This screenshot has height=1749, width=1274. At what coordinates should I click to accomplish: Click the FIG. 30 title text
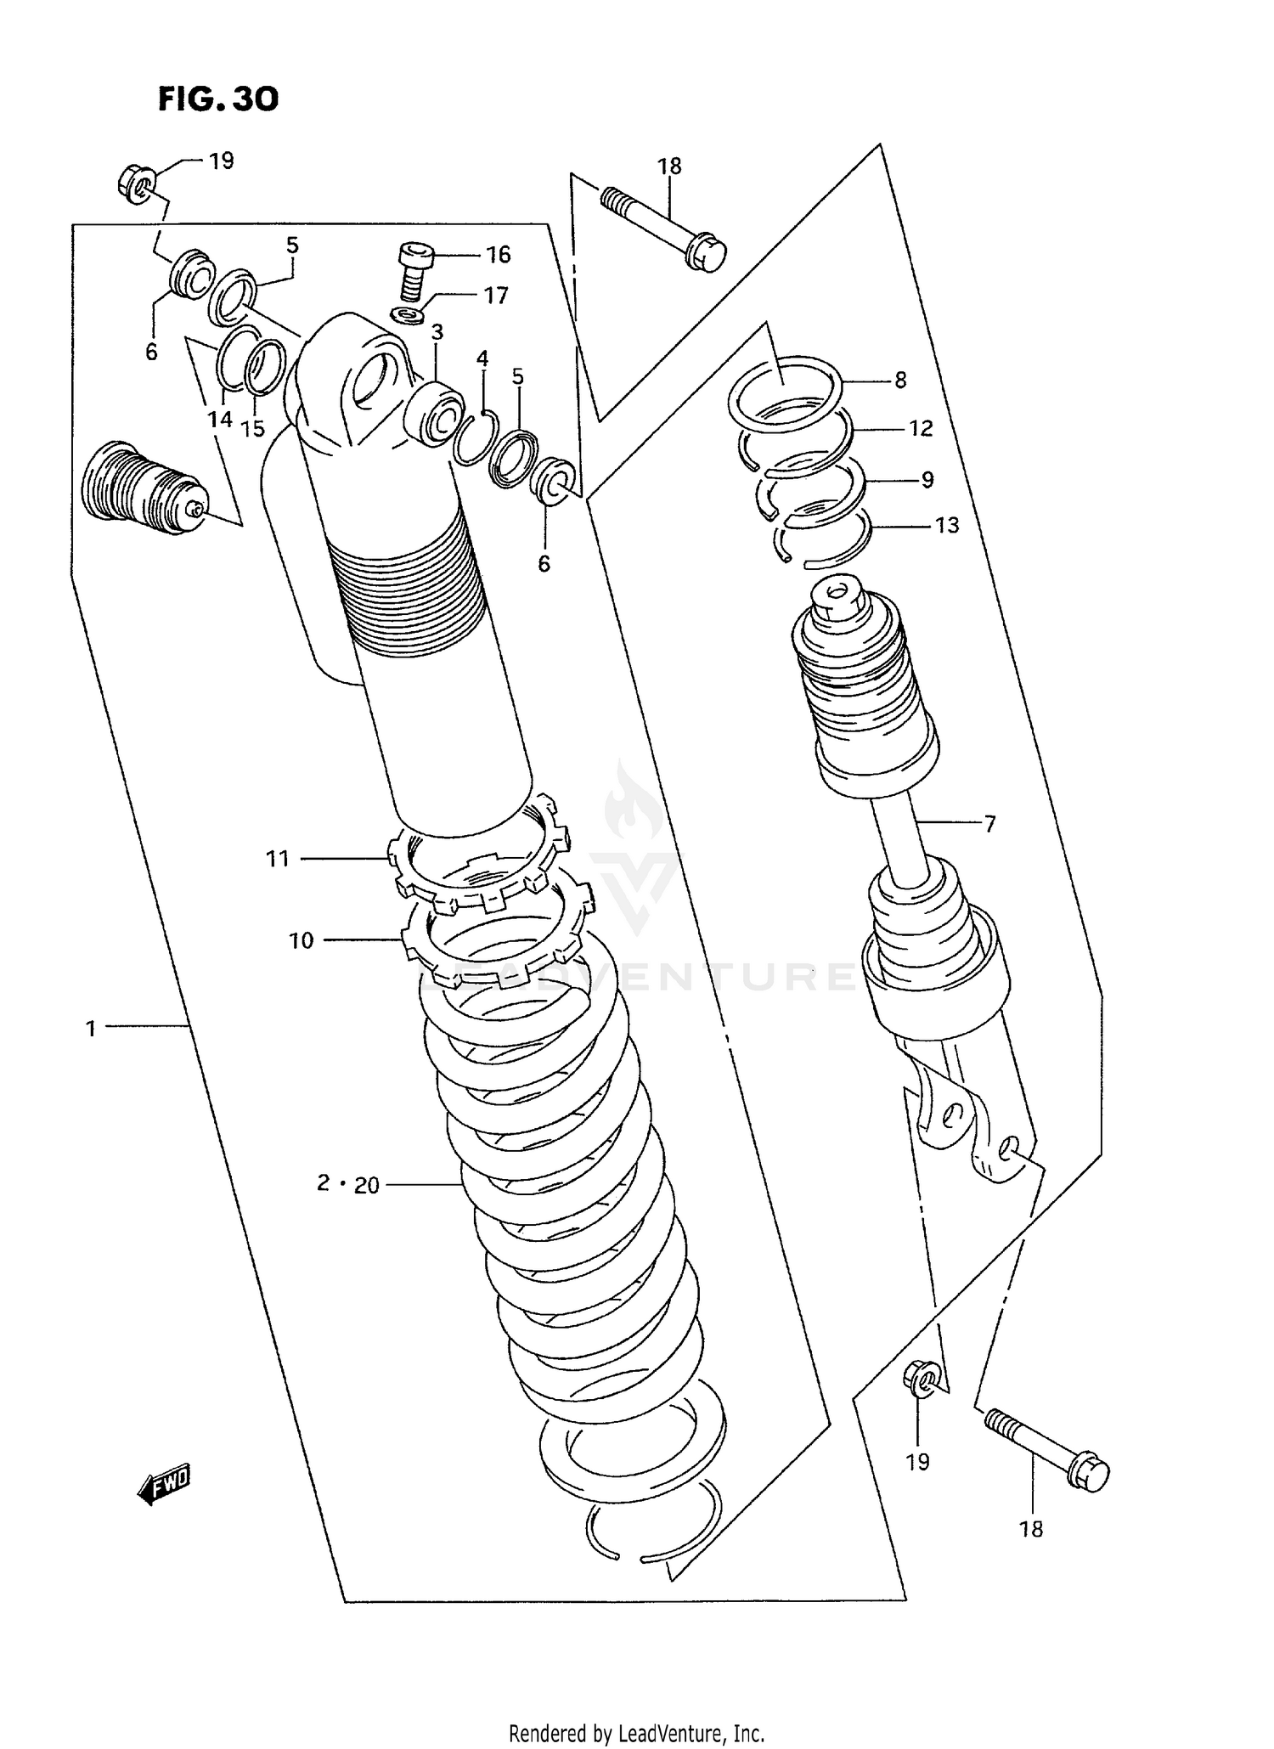coord(217,99)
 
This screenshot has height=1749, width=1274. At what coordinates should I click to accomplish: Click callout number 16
coord(498,254)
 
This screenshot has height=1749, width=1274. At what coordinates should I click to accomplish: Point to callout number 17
coord(496,295)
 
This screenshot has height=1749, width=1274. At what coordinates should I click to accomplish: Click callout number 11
coord(279,859)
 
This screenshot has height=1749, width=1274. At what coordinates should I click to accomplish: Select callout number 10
coord(302,940)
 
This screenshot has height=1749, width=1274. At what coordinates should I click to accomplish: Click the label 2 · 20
coord(348,1183)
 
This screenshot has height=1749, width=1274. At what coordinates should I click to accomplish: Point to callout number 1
coord(91,1029)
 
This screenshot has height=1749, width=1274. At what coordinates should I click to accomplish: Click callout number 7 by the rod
coord(989,823)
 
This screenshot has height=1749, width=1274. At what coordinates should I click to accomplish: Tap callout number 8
coord(900,380)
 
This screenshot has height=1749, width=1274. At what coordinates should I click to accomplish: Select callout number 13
coord(947,525)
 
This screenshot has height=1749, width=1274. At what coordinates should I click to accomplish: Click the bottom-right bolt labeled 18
coord(1050,1451)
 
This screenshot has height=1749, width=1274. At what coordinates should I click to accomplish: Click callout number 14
coord(220,419)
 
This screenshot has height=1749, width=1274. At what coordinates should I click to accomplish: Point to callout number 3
coord(437,331)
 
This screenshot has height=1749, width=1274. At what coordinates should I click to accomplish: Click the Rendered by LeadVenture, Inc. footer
coord(636,1733)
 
